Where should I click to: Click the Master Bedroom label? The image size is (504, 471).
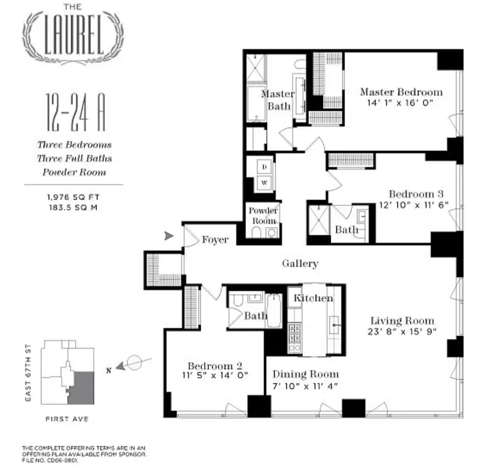[x=401, y=92]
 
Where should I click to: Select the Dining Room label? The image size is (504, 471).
[x=306, y=374]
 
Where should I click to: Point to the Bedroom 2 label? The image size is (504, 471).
[x=215, y=366]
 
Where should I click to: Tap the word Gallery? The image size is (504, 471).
[x=300, y=263]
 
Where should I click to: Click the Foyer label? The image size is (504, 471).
[x=215, y=240]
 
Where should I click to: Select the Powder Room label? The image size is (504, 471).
[x=263, y=216]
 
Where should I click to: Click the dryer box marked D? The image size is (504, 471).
[x=265, y=168]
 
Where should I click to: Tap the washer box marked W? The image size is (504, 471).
[x=265, y=182]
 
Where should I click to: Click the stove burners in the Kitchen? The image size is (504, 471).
[x=294, y=338]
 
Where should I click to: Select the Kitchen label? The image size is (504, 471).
[x=313, y=298]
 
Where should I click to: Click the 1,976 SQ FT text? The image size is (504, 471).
[x=73, y=197]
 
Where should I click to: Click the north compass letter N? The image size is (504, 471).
[x=108, y=372]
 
